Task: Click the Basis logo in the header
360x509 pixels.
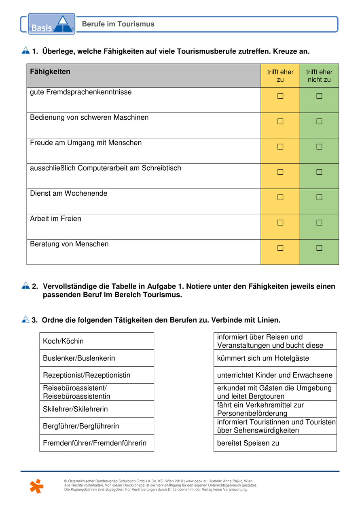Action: (x=51, y=24)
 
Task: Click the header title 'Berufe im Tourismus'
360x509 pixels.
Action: (x=118, y=24)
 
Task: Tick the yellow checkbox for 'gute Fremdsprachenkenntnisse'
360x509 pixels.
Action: (x=280, y=96)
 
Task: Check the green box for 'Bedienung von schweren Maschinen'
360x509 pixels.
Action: (x=319, y=121)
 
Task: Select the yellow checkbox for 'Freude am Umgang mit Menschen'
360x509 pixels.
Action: (x=280, y=147)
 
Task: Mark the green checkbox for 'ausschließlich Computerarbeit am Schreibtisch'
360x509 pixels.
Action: (x=319, y=172)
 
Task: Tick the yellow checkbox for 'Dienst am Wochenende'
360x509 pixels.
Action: (x=280, y=197)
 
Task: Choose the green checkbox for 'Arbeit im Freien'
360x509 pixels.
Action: (x=319, y=223)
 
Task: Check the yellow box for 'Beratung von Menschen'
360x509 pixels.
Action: (x=280, y=248)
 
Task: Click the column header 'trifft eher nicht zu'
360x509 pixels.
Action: (x=319, y=76)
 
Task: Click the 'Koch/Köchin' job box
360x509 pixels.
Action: (x=97, y=341)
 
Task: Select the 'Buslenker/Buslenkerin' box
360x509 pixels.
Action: (x=97, y=358)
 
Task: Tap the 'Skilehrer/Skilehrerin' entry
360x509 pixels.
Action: (x=97, y=409)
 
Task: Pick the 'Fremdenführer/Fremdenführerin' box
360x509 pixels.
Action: (x=97, y=443)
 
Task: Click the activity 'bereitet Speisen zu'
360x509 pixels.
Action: (x=275, y=443)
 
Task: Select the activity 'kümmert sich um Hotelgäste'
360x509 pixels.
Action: (x=275, y=358)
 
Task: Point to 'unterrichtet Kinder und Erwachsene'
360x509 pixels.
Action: (x=275, y=375)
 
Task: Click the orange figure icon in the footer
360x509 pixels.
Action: (x=36, y=486)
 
